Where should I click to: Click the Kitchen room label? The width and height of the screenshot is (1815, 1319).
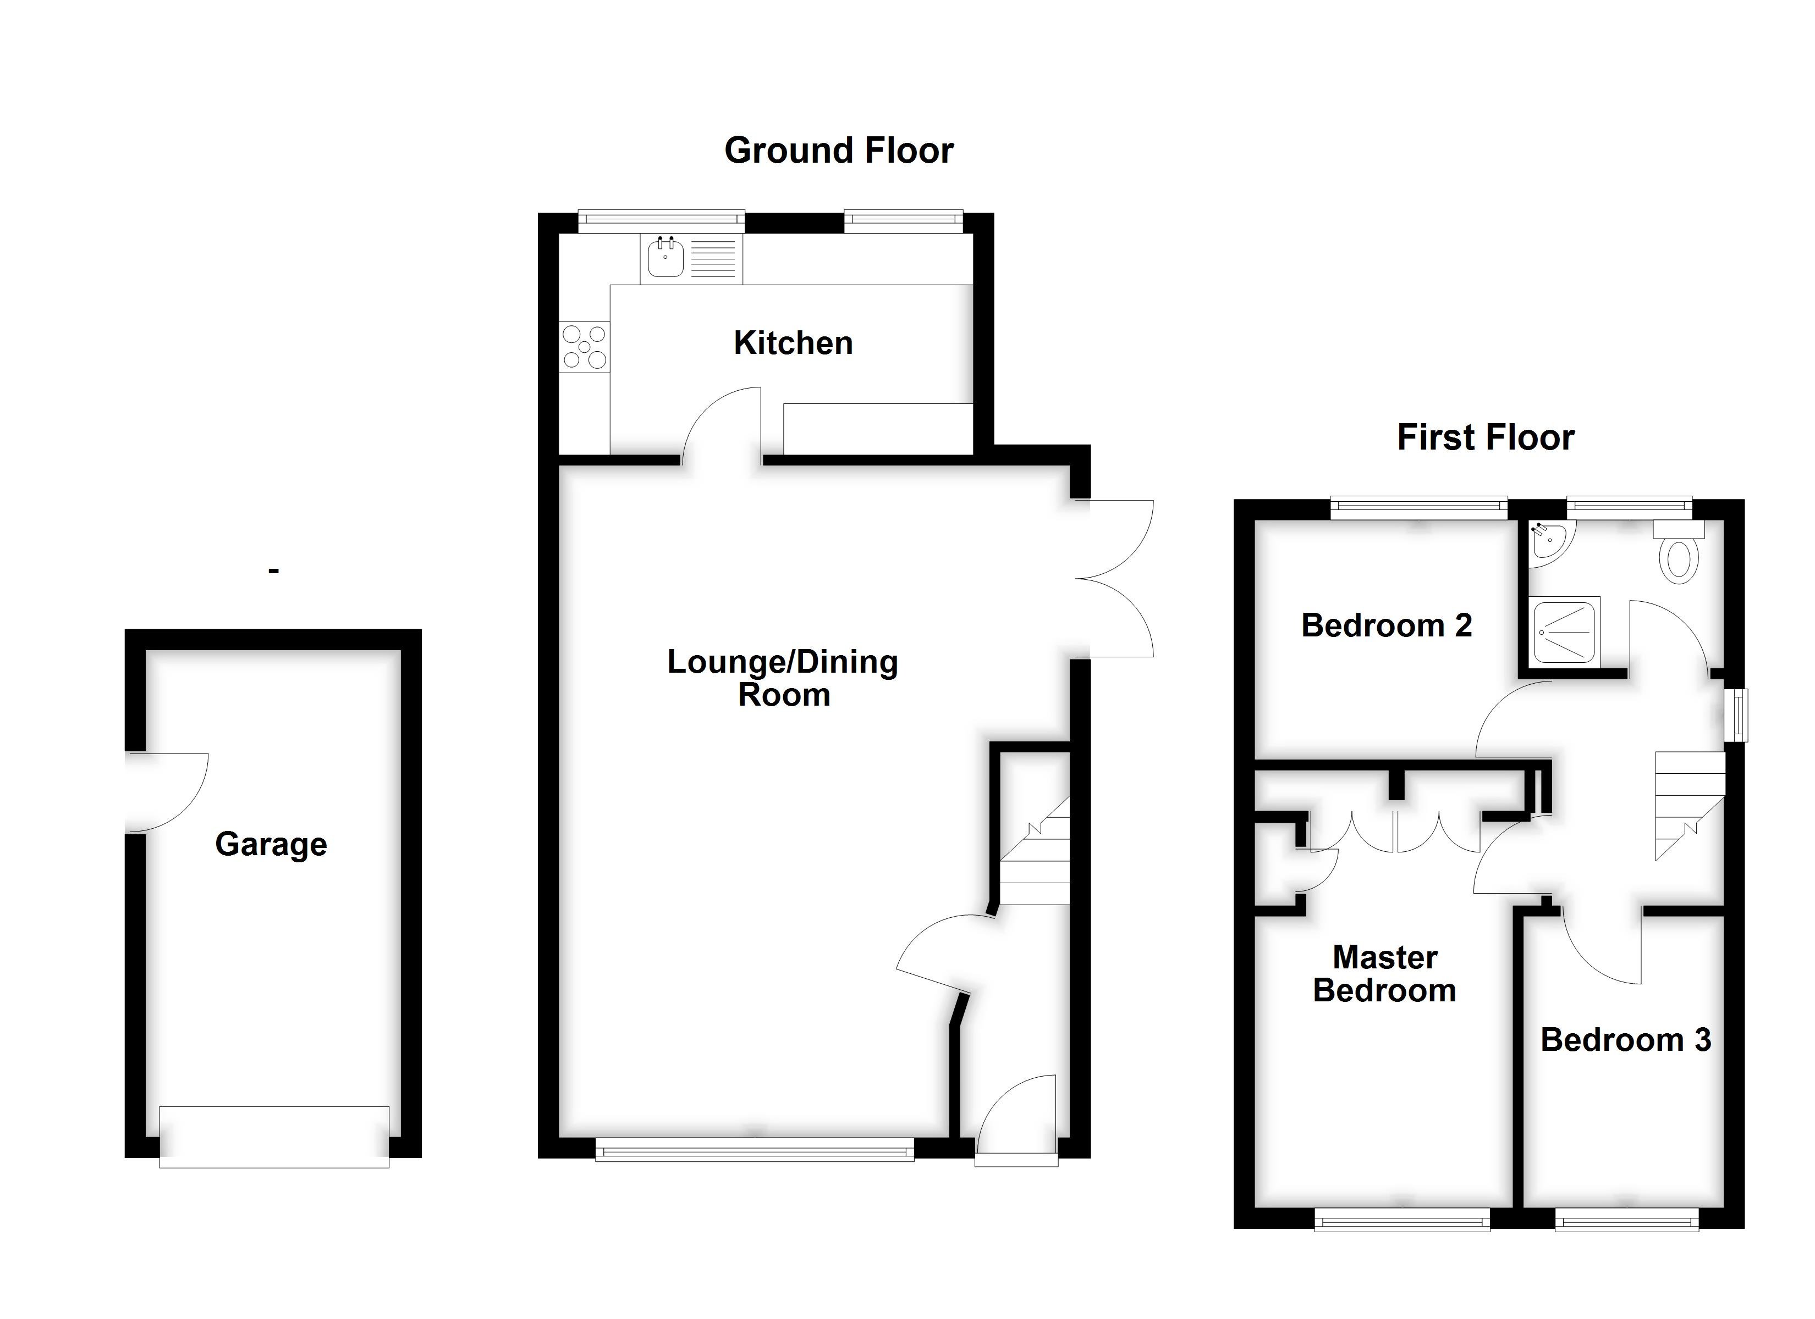tap(793, 343)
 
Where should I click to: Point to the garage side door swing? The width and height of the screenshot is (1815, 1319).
tap(168, 792)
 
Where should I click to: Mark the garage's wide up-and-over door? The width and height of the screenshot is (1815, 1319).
tap(274, 1137)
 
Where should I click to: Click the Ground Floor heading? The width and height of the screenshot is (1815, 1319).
tap(839, 151)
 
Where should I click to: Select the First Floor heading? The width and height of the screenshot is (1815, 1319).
tap(1486, 437)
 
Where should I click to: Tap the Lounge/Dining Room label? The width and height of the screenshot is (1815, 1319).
tap(783, 678)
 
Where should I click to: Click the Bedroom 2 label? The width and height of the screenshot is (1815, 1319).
tap(1386, 625)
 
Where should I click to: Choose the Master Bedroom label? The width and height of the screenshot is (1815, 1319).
tap(1384, 974)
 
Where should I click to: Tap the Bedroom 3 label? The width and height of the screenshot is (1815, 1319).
tap(1625, 1040)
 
